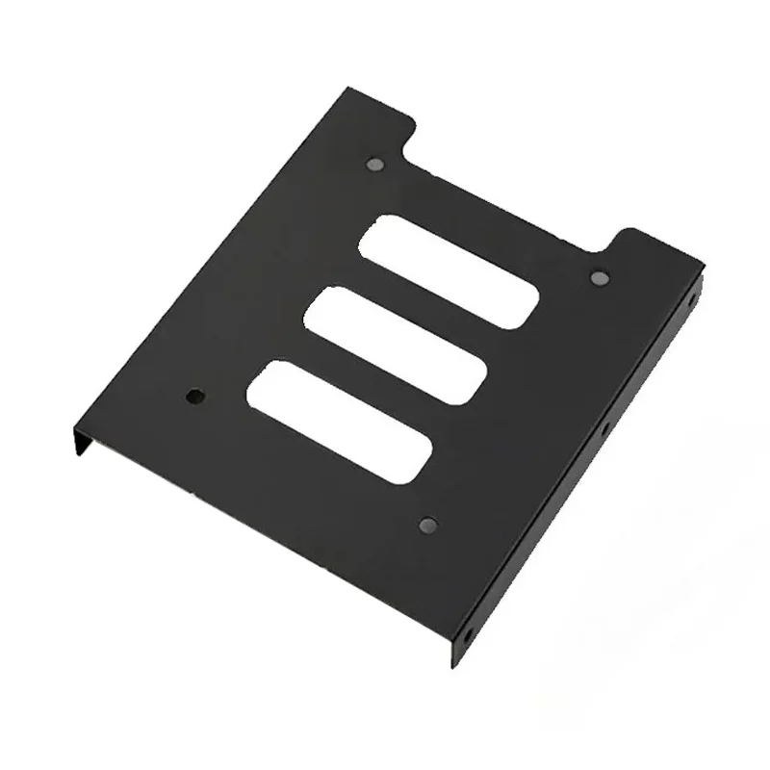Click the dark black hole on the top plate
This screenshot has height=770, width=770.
(x=195, y=396)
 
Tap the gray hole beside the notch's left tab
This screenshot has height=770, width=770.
(x=375, y=164)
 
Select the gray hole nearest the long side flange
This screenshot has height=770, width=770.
(x=599, y=278)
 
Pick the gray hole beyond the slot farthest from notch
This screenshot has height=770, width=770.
(x=428, y=525)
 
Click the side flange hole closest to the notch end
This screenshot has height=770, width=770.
(x=691, y=300)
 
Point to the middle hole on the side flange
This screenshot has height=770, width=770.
(x=605, y=427)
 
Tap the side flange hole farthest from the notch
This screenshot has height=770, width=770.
(x=469, y=634)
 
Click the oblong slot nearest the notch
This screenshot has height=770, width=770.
(x=448, y=271)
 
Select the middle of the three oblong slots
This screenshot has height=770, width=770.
(x=395, y=345)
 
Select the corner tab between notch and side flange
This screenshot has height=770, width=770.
(x=654, y=245)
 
